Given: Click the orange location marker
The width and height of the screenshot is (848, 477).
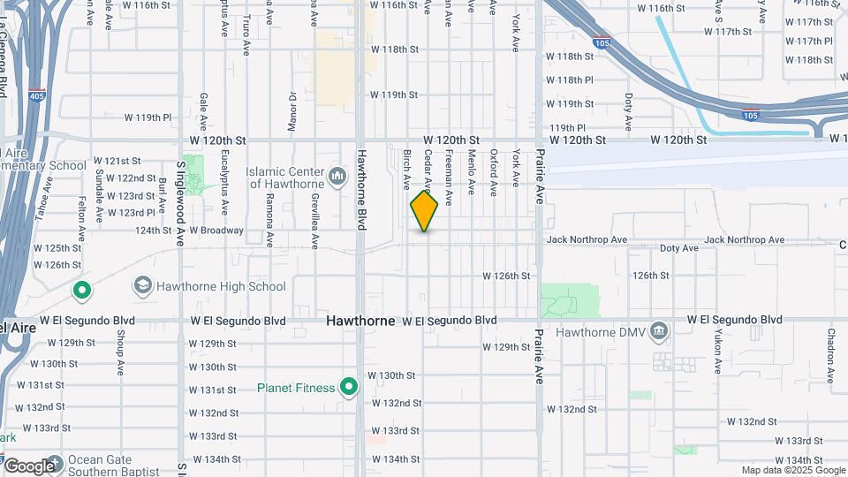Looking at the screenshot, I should click(424, 211).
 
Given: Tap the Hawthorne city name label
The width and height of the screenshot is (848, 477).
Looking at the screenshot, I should click(360, 321).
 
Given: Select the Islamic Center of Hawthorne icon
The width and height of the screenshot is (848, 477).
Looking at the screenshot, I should click(337, 178).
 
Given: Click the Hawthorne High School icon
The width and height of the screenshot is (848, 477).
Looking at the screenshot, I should click(141, 285).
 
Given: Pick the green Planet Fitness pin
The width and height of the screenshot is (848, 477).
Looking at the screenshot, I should click(349, 387).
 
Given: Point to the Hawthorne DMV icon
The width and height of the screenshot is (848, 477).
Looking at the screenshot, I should click(658, 332).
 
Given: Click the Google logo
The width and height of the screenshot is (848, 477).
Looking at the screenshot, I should click(28, 466).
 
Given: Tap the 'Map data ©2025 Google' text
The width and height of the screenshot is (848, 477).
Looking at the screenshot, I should click(792, 471).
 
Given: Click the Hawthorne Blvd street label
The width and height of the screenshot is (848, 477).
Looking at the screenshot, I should click(361, 190).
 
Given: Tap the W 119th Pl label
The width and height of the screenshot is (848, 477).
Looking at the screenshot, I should click(148, 117).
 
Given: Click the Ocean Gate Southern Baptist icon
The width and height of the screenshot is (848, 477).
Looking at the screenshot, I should click(55, 463).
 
